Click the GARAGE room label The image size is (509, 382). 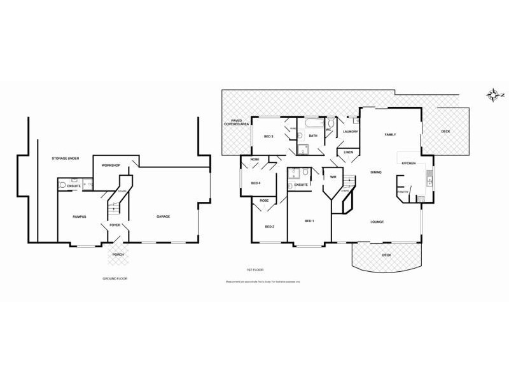click(164, 217)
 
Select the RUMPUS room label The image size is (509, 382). click(79, 217)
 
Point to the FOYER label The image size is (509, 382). click(115, 225)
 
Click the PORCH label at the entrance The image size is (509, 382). click(118, 255)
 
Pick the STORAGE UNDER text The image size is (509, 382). click(65, 158)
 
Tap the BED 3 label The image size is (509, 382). click(268, 136)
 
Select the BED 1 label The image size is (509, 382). click(309, 221)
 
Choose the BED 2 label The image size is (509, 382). click(269, 227)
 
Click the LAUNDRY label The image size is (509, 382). click(350, 132)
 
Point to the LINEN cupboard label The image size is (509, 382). click(348, 153)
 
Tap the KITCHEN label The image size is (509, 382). click(408, 164)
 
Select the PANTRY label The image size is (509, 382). click(403, 191)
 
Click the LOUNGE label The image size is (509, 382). click(377, 222)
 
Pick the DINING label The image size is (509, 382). click(376, 173)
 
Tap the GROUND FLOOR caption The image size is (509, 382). click(115, 279)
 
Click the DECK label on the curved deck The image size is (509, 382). click(386, 255)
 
